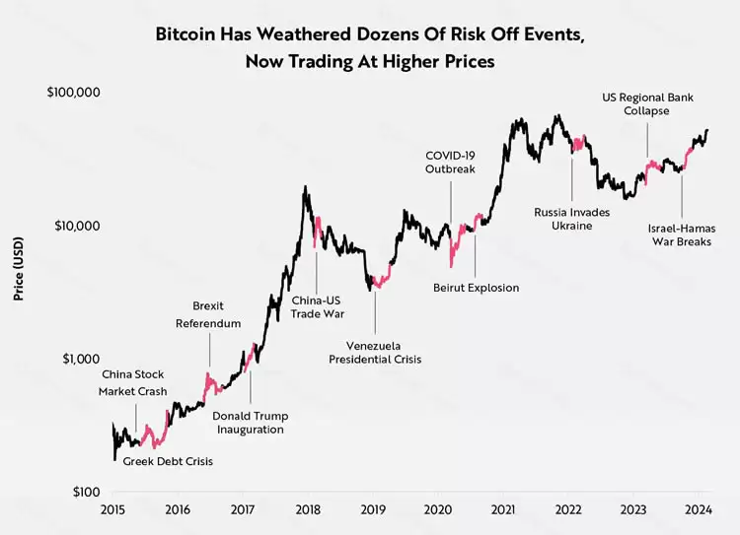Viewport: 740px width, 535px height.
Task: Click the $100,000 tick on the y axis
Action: [73, 93]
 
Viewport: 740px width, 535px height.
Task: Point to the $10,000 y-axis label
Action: [77, 226]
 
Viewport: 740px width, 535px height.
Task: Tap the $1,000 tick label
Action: [80, 359]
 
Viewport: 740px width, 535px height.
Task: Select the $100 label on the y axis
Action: [84, 492]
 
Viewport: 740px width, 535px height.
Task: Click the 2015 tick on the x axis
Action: [112, 509]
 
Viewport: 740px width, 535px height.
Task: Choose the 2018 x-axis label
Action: [307, 509]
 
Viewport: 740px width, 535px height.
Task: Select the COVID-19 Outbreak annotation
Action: [450, 163]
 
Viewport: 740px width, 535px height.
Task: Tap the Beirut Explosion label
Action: [476, 288]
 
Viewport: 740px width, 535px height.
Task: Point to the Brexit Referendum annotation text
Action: [208, 313]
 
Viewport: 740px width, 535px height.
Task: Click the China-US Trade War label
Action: [316, 307]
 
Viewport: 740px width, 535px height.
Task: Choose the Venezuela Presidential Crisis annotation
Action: [375, 353]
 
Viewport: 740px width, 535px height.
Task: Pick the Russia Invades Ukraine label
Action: [571, 219]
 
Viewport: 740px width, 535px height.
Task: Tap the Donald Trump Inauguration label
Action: [249, 422]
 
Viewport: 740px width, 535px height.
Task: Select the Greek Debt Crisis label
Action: [168, 461]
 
